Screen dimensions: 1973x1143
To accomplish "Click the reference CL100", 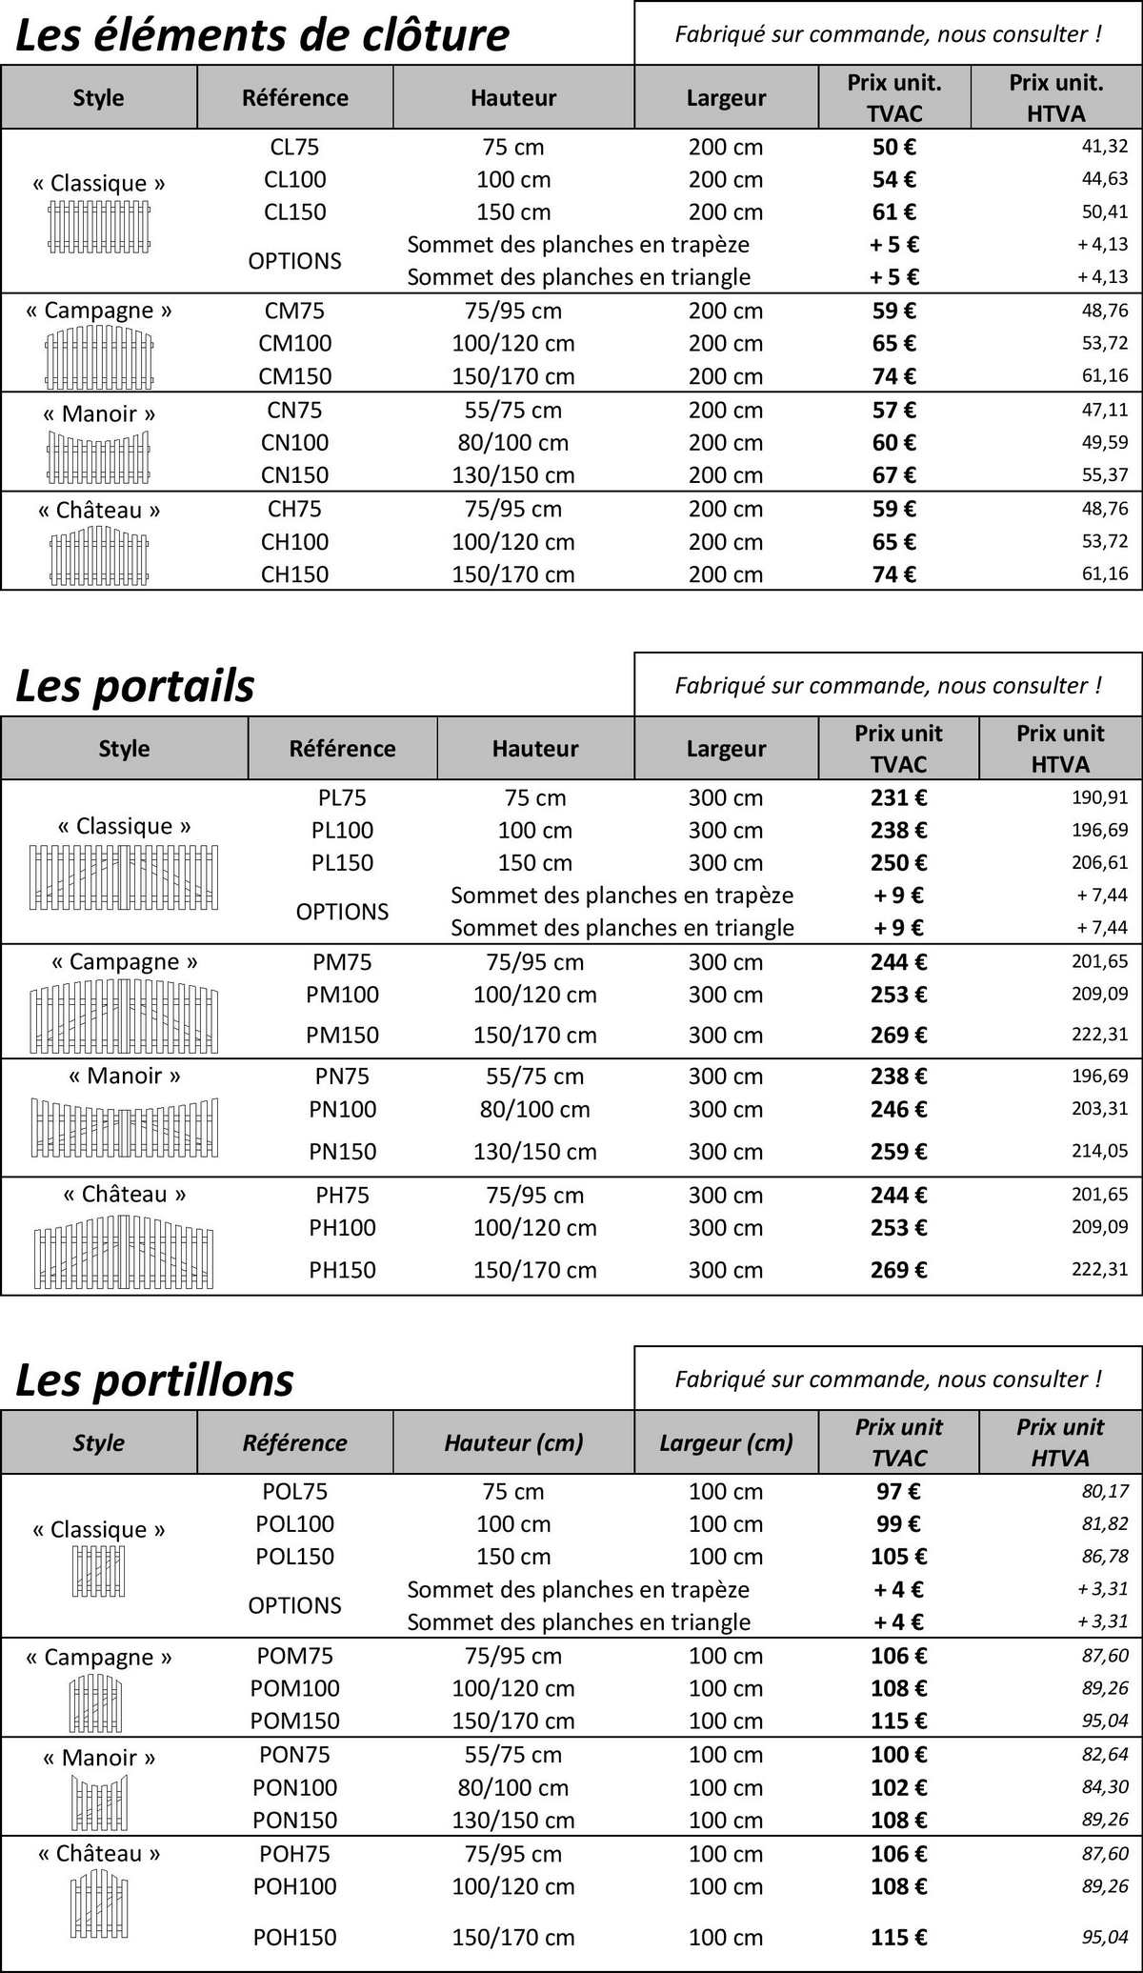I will coord(294,179).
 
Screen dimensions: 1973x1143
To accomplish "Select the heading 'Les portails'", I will coord(135,686).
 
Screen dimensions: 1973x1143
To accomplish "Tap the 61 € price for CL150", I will coord(893,211).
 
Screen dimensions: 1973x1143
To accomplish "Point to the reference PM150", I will coord(342,1035).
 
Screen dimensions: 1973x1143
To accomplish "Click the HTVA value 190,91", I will coord(1099,797).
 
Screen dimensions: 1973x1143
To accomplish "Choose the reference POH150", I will coord(294,1936).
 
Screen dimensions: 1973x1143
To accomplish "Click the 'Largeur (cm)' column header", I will coord(726,1442).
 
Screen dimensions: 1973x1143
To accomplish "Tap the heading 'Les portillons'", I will coord(154,1380).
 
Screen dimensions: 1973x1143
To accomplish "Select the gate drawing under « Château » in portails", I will coord(124,1253).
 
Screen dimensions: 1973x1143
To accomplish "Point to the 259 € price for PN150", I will coord(897,1151).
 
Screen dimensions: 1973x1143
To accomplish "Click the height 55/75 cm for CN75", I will coord(512,410).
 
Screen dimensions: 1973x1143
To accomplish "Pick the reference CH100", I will coord(294,541).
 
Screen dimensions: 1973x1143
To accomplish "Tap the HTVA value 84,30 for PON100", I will coord(1105,1787).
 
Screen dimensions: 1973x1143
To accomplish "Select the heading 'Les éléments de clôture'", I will coord(263,35).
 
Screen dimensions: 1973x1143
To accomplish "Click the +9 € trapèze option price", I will coord(897,895).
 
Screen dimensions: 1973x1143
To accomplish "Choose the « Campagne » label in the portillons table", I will coord(98,1657).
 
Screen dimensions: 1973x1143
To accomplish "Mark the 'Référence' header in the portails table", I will coord(342,748).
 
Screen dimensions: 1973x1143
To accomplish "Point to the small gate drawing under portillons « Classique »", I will coord(98,1571).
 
